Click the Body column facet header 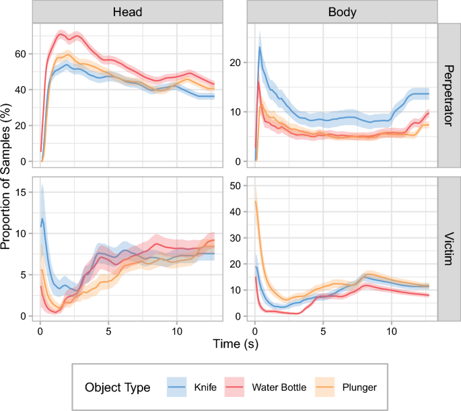[342, 12]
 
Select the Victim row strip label [449, 250]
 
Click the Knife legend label [205, 387]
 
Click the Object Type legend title [117, 387]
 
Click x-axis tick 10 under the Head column [176, 332]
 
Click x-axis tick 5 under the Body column [323, 332]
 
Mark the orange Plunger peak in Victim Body [255, 201]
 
